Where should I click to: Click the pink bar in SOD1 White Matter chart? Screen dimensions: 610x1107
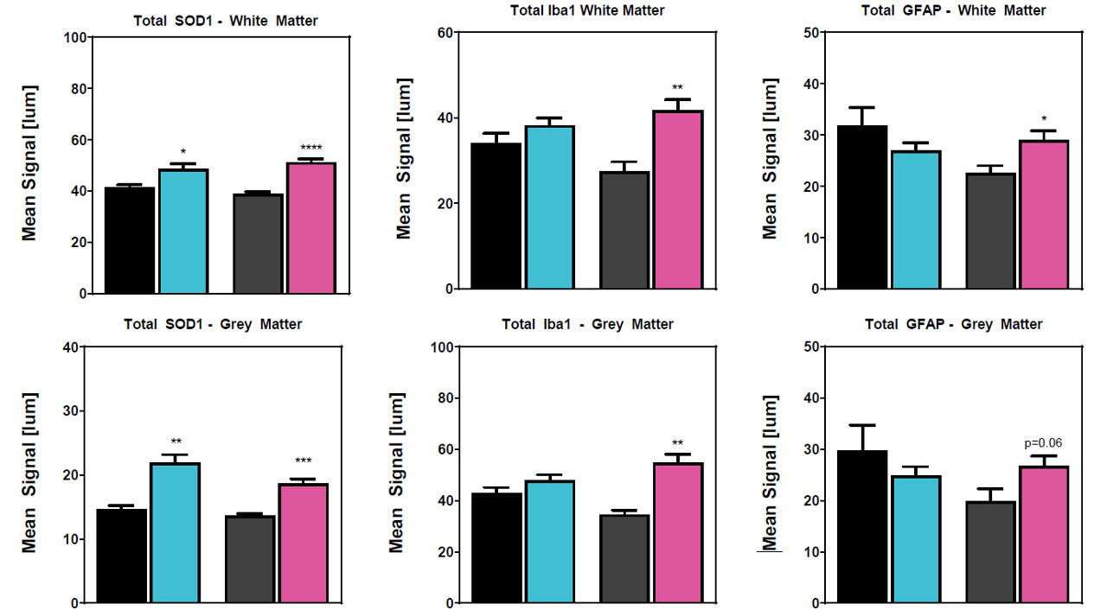tap(311, 228)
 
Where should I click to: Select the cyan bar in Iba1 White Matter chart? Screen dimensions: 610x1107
tap(550, 207)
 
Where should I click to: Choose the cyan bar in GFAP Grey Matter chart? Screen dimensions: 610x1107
tap(916, 539)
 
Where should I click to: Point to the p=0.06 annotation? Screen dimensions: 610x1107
tap(1043, 443)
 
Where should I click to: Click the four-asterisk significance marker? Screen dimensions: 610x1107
tap(310, 149)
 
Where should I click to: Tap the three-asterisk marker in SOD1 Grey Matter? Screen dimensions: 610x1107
tap(303, 461)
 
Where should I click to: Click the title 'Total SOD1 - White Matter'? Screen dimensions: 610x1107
tap(226, 21)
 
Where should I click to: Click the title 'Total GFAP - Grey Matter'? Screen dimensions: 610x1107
tap(953, 324)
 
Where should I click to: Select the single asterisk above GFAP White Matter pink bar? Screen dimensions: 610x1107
tap(1045, 119)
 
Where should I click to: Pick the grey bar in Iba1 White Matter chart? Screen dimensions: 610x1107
tap(624, 230)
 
